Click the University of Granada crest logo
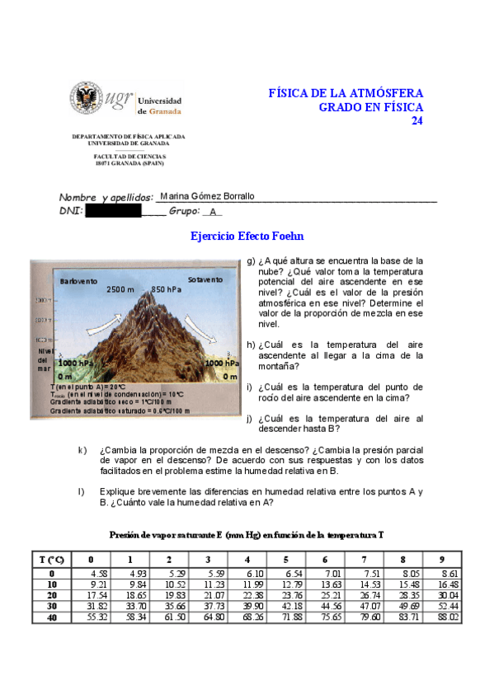coord(87,99)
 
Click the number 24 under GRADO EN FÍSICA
coord(416,120)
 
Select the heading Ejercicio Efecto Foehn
coord(247,236)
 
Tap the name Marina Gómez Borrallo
coord(207,196)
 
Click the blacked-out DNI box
coord(114,211)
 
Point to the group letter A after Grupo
coord(212,212)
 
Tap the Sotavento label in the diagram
coord(205,280)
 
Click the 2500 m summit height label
coord(120,290)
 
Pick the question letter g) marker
coord(251,260)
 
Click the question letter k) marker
coord(82,450)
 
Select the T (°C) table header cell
coord(52,560)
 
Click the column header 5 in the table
coord(285,560)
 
